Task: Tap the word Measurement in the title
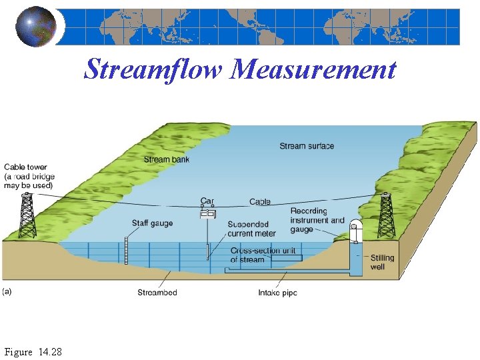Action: (x=313, y=69)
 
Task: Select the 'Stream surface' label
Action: (x=307, y=146)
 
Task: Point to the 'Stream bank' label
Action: (x=167, y=160)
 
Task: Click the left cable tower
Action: (x=27, y=215)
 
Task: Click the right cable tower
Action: (x=386, y=215)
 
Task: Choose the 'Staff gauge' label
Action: (x=153, y=224)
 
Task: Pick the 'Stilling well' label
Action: (x=382, y=262)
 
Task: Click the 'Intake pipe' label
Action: (x=277, y=293)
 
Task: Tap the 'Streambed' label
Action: (x=157, y=293)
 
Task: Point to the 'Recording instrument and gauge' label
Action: (x=317, y=220)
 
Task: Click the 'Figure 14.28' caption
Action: (x=33, y=351)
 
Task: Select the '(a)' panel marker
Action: (x=8, y=291)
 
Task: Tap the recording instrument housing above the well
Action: (x=354, y=231)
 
